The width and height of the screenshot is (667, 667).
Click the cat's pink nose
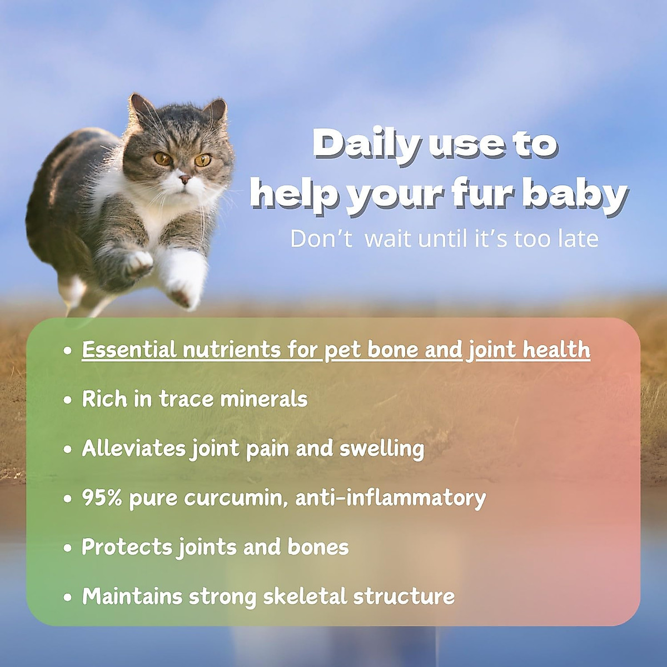click(185, 178)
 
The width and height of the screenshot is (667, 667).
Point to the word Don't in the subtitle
click(321, 238)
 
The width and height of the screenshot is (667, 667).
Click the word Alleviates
click(133, 449)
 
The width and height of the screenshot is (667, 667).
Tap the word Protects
click(127, 547)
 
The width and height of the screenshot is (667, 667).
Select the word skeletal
click(305, 596)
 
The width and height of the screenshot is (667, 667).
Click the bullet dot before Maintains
click(68, 598)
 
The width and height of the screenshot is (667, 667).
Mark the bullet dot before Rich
click(68, 400)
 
